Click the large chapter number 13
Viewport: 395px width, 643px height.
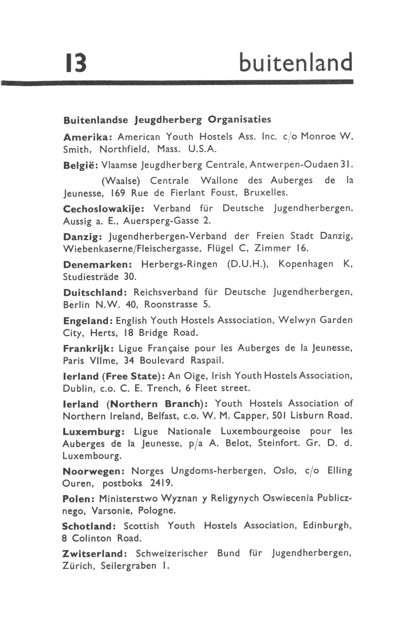[x=76, y=63]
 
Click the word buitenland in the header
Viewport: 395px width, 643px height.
[x=296, y=62]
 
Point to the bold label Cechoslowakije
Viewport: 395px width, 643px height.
[x=104, y=208]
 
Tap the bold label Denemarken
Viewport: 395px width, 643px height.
[x=97, y=265]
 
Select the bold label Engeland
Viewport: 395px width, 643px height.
[x=88, y=320]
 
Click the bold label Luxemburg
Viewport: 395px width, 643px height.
[x=93, y=432]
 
